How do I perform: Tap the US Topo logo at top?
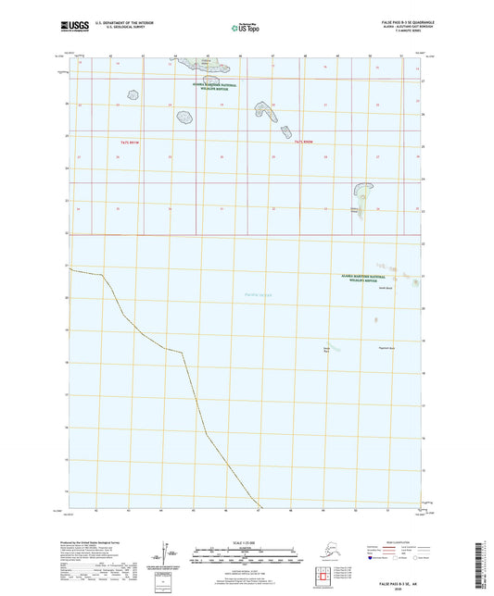245,28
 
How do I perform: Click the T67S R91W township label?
130,142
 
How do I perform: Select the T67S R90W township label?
305,142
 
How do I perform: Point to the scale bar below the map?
246,558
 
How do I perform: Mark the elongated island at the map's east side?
356,198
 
